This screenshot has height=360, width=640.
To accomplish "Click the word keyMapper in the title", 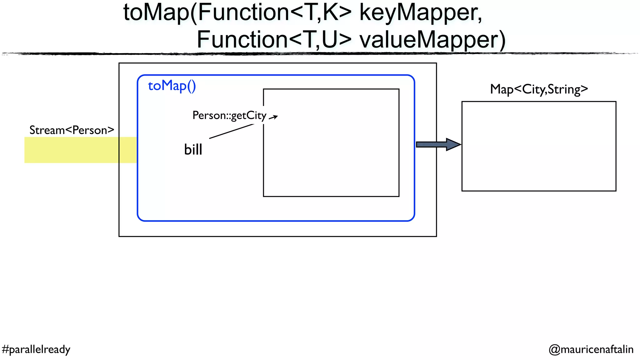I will point(420,13).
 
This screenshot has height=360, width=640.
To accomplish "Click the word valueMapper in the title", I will point(432,40).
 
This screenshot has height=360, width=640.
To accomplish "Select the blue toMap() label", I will point(172,86).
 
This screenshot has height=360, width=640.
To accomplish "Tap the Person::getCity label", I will point(229,115).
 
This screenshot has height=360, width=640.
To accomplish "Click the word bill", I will point(193,149).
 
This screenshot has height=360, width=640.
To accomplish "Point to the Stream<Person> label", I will point(72,130).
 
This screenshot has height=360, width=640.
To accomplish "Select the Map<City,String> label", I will point(539,89).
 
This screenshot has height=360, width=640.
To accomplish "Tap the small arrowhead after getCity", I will point(274,117).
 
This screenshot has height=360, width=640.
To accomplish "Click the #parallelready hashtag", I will point(36,349).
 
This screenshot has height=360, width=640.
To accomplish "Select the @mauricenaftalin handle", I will point(591,349).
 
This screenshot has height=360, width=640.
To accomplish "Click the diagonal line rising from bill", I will point(231,131).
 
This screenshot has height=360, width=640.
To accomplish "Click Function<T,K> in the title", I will point(275,13).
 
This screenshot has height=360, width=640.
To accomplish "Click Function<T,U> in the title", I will point(274,40).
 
